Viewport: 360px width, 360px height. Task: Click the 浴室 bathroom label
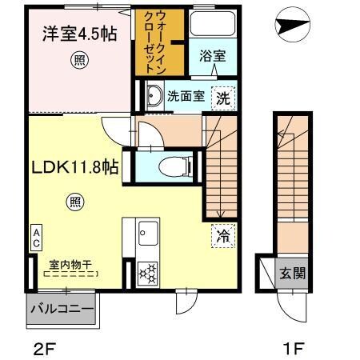tap(212, 58)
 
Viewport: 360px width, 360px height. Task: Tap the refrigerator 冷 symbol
tap(223, 237)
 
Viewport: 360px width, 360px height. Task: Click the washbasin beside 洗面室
tap(152, 98)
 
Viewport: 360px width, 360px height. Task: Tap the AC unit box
tap(37, 237)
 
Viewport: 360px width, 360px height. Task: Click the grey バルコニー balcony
tap(62, 309)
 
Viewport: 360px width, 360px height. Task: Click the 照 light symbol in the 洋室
tap(78, 58)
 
